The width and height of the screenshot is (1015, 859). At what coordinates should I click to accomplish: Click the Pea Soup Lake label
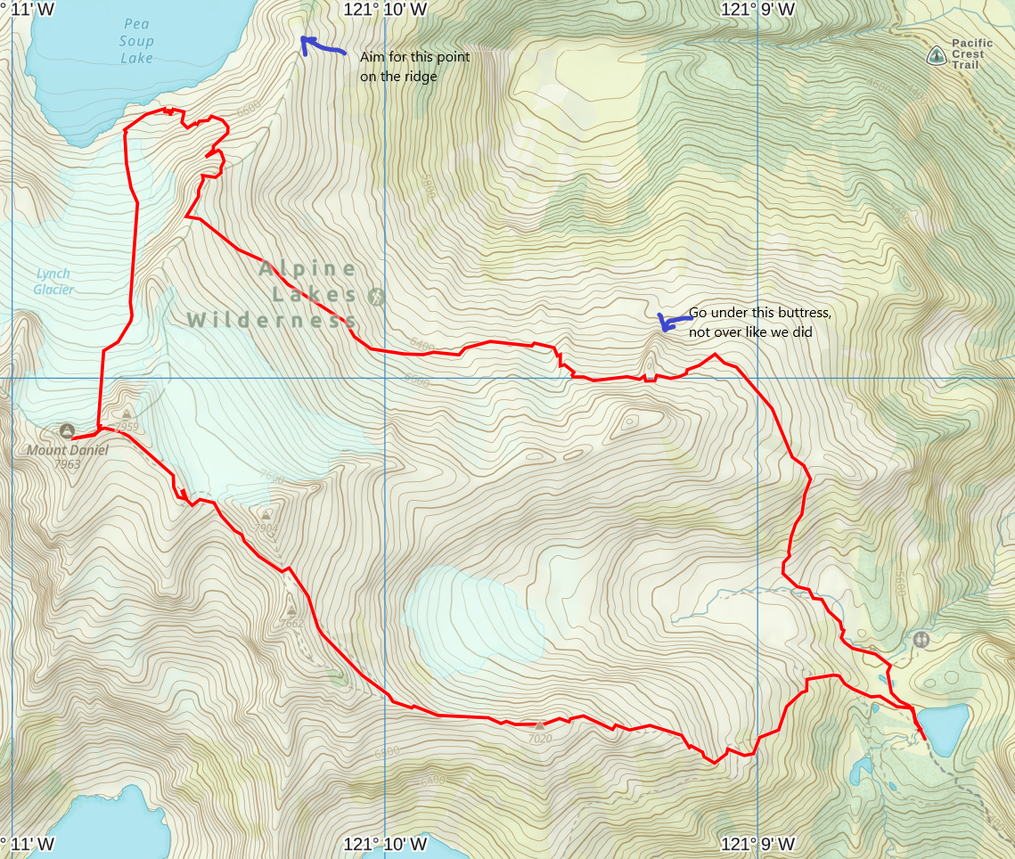(136, 41)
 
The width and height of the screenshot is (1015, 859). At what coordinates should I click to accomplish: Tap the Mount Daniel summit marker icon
(67, 431)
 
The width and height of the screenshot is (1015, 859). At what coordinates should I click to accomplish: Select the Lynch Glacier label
(53, 282)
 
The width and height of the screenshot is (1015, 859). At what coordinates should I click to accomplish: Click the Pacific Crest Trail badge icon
(936, 56)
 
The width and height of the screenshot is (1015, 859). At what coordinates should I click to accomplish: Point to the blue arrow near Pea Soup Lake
(321, 45)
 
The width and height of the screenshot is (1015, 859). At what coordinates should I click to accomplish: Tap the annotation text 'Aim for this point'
(414, 57)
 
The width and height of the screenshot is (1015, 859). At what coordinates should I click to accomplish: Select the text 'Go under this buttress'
(759, 314)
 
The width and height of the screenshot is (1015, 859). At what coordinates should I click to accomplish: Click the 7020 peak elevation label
(540, 738)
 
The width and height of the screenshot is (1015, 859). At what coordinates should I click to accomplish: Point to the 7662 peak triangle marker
(291, 610)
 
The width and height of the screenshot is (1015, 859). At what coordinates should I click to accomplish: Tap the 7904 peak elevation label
(266, 528)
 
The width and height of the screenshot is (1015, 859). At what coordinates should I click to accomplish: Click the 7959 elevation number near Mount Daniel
(127, 427)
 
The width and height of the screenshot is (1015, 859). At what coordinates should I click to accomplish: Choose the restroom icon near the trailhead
(921, 639)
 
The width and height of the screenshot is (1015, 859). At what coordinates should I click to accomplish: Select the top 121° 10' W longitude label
(385, 9)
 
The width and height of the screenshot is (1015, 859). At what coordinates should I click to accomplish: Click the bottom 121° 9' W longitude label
(758, 844)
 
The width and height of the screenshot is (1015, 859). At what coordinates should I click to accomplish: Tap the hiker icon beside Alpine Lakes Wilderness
(376, 296)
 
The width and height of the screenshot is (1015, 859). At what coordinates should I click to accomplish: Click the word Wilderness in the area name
(272, 319)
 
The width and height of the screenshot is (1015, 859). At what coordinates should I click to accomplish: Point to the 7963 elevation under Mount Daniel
(67, 464)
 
